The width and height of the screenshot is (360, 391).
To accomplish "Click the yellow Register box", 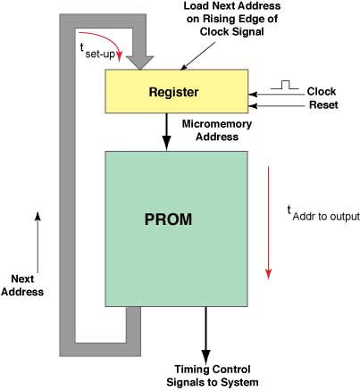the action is [x=177, y=91].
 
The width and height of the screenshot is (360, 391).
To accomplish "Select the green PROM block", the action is [x=176, y=229].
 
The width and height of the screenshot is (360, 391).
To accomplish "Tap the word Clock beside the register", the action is [x=322, y=91].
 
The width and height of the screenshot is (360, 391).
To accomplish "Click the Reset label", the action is [x=323, y=104].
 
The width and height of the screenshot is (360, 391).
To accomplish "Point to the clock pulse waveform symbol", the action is [x=284, y=85].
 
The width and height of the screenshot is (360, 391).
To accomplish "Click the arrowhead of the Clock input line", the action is [x=253, y=95].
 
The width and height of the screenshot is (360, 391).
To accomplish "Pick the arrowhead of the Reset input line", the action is [x=253, y=105].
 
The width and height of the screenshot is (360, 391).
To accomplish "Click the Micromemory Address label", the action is [x=217, y=130].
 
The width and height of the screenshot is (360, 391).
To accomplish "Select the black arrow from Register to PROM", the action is [x=167, y=132].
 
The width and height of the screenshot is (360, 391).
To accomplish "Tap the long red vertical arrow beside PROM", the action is [x=269, y=222].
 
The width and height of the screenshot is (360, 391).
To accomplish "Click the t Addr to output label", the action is [x=323, y=213].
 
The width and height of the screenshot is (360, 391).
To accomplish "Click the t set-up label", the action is [x=97, y=51].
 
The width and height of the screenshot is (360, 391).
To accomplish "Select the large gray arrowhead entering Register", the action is [x=140, y=62].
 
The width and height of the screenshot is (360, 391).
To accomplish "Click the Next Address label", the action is [x=22, y=286].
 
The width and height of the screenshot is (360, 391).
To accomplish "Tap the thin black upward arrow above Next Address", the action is [x=38, y=242].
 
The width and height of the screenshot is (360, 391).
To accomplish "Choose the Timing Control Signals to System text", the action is [x=213, y=376].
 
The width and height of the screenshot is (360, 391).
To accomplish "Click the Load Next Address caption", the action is [x=232, y=19].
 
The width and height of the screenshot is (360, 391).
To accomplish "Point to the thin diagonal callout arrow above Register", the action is [x=198, y=55].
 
